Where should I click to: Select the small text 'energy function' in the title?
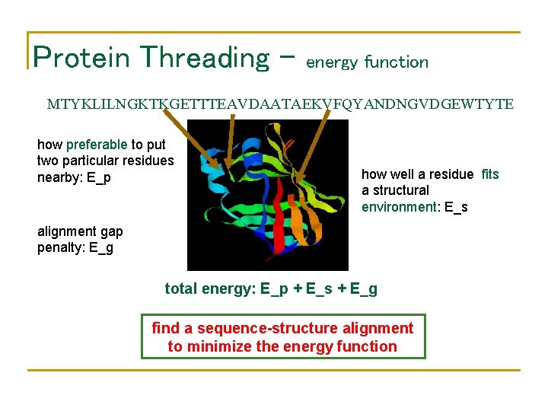click(x=367, y=62)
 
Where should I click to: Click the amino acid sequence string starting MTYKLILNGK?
click(x=280, y=104)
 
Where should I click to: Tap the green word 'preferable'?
click(x=97, y=144)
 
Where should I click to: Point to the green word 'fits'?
click(x=490, y=174)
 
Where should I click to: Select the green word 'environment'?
click(x=396, y=207)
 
